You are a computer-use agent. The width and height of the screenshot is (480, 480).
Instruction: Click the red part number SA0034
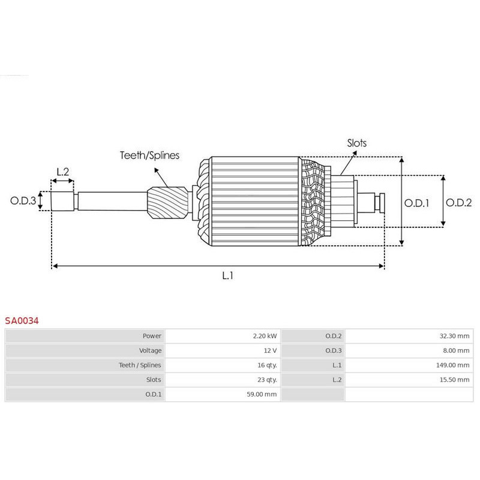tap(22, 320)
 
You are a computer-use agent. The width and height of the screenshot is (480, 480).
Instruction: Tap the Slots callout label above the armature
tap(356, 143)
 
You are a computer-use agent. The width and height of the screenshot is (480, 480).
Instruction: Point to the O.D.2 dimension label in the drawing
tap(460, 202)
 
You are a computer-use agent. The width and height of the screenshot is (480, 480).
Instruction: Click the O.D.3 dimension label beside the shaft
tap(23, 200)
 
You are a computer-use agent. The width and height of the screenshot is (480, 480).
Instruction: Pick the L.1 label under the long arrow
tap(227, 276)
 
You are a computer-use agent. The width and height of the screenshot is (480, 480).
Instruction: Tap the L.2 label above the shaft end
tap(62, 172)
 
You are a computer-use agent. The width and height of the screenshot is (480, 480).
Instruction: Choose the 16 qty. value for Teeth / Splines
tap(264, 365)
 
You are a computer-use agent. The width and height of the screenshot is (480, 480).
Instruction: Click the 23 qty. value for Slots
tap(264, 379)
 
